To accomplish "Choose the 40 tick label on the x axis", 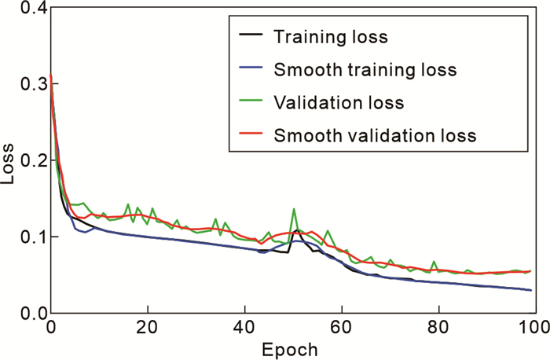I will (x=245, y=326).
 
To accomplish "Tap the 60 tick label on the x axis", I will (x=342, y=326).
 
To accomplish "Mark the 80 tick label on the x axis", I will (x=438, y=326).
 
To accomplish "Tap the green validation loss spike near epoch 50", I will (x=294, y=210).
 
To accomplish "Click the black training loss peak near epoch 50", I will (x=297, y=230).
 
